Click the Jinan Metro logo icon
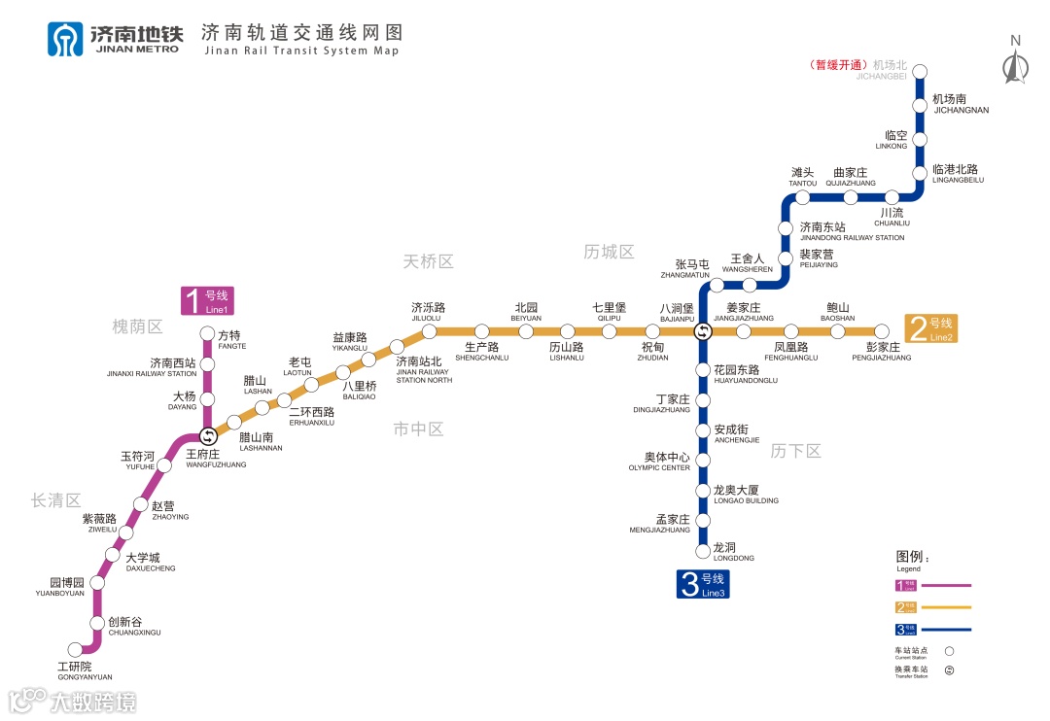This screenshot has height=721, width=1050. tap(65, 39)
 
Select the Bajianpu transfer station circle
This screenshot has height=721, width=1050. tap(702, 331)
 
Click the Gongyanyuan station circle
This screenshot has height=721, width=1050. tap(75, 649)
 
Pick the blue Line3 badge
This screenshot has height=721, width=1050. tap(703, 584)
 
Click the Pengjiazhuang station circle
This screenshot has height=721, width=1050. tap(882, 331)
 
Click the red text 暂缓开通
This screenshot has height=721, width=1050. tap(838, 65)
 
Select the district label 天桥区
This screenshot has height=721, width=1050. tap(429, 261)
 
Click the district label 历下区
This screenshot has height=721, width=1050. tap(795, 451)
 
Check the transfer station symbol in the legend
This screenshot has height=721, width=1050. tap(949, 670)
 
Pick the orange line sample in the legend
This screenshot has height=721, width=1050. tap(946, 607)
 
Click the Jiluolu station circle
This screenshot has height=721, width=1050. tap(429, 331)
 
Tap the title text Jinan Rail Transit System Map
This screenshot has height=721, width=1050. tap(301, 51)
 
